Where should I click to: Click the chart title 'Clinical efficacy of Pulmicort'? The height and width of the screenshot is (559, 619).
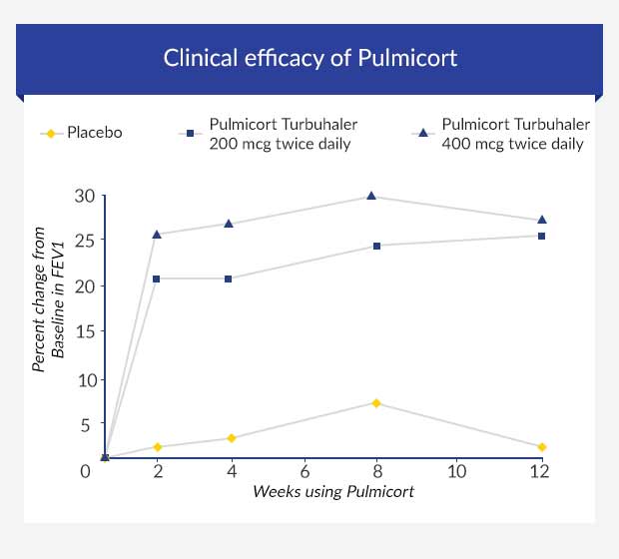[309, 57]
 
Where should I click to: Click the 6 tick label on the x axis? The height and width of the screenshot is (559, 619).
[305, 470]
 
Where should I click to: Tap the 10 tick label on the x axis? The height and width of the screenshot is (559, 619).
[456, 470]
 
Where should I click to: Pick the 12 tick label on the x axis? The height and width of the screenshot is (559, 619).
[539, 470]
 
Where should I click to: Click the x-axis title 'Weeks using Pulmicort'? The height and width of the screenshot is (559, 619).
[332, 491]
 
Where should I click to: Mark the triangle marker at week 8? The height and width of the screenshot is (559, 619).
[371, 196]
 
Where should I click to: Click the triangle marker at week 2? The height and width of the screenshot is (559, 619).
[157, 235]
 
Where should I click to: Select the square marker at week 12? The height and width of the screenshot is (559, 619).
[541, 236]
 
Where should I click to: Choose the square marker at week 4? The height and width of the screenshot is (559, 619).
[229, 279]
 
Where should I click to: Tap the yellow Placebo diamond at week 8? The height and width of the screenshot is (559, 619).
[376, 403]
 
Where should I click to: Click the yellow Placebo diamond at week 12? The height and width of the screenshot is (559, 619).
[541, 447]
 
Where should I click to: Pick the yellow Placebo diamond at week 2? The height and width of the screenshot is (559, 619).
[157, 447]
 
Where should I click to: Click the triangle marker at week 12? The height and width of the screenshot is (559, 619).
[541, 220]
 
